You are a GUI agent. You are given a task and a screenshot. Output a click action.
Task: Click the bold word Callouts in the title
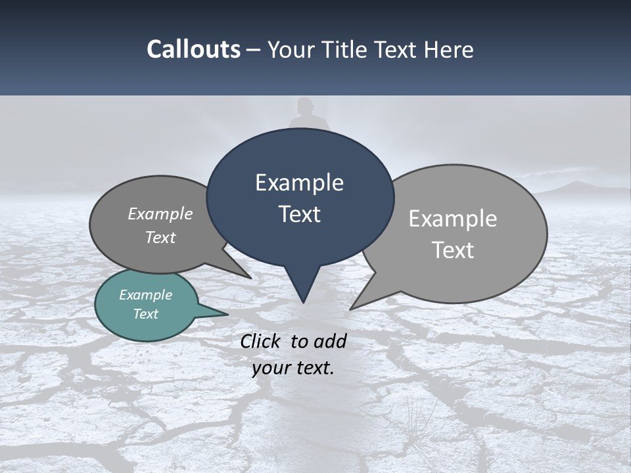[x=194, y=49]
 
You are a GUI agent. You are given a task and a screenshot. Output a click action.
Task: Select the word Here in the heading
[x=450, y=49]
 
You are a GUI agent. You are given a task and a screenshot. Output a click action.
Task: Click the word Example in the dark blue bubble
[x=299, y=183]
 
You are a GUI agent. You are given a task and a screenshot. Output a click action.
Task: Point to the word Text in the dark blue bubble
[x=299, y=214]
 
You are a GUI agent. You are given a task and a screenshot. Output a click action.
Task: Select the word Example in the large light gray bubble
[x=452, y=219]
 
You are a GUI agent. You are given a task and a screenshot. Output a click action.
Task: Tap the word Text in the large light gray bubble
[x=453, y=250]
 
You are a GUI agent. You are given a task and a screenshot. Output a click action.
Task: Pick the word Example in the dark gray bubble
[x=160, y=214]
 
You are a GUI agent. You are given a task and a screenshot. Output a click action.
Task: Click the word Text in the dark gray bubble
[x=160, y=238]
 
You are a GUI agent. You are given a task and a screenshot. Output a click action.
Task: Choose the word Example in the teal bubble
[x=146, y=295]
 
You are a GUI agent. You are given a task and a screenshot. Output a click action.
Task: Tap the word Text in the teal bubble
[x=146, y=314]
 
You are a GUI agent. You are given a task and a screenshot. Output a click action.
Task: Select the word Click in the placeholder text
[x=261, y=341]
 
